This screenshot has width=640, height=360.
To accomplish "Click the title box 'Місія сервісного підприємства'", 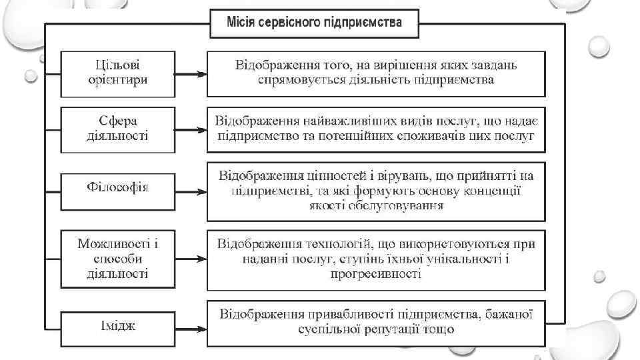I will [315, 23].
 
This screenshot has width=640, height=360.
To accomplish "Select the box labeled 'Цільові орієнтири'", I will [117, 73].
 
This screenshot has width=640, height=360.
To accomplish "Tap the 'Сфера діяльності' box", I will [117, 129].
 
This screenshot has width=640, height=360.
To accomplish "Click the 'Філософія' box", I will [117, 187].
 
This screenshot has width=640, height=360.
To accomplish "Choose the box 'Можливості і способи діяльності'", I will [117, 255].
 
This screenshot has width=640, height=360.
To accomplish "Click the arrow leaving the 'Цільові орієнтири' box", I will [191, 75].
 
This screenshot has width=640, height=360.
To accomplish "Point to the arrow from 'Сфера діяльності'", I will [191, 129].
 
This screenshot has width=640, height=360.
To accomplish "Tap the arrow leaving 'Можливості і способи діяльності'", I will [191, 256].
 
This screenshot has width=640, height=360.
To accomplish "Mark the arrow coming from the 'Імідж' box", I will [191, 326].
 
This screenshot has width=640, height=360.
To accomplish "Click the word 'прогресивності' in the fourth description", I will [375, 273].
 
